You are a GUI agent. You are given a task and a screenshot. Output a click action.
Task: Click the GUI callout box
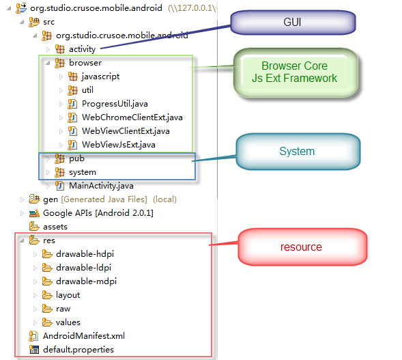pyautogui.click(x=293, y=23)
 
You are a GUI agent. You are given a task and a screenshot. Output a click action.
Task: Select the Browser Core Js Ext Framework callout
pyautogui.click(x=296, y=72)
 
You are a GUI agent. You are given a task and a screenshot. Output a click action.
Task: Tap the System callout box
pyautogui.click(x=298, y=152)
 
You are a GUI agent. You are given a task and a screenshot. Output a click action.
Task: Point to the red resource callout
pyautogui.click(x=302, y=247)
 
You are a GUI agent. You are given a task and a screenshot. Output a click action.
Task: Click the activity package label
pyautogui.click(x=82, y=49)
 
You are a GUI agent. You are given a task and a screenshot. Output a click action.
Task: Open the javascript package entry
pyautogui.click(x=100, y=77)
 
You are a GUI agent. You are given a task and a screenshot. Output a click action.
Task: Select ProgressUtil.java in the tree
pyautogui.click(x=115, y=104)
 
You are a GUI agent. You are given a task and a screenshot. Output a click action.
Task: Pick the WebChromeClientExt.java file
pyautogui.click(x=132, y=117)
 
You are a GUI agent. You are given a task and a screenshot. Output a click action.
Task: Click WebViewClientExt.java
pyautogui.click(x=126, y=131)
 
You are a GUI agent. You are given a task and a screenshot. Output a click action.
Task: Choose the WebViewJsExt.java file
pyautogui.click(x=119, y=145)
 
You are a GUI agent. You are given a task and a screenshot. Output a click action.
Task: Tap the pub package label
pyautogui.click(x=76, y=159)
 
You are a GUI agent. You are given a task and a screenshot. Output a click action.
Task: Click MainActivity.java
pyautogui.click(x=101, y=186)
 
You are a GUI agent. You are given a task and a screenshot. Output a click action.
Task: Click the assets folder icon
pyautogui.click(x=34, y=226)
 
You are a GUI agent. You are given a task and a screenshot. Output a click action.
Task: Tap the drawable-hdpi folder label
pyautogui.click(x=85, y=254)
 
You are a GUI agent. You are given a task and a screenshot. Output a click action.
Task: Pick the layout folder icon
pyautogui.click(x=47, y=295)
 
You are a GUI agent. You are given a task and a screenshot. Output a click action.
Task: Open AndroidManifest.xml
pyautogui.click(x=84, y=336)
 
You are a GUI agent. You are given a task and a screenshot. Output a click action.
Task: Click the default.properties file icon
pyautogui.click(x=34, y=350)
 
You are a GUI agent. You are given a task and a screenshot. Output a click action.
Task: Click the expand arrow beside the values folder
pyautogui.click(x=35, y=322)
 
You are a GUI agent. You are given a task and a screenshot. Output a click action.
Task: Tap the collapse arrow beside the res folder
pyautogui.click(x=23, y=240)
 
